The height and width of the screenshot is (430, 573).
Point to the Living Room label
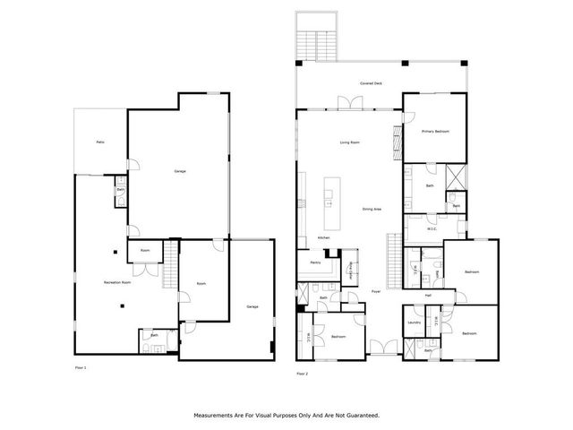point(349,142)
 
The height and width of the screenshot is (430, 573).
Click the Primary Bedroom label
point(435,131)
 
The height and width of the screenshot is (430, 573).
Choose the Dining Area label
point(372,209)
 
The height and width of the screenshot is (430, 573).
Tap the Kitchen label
point(323,237)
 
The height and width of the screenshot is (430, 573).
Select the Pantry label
point(315,262)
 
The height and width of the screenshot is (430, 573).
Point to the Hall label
point(428,294)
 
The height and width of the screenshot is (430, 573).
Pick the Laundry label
point(414,322)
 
